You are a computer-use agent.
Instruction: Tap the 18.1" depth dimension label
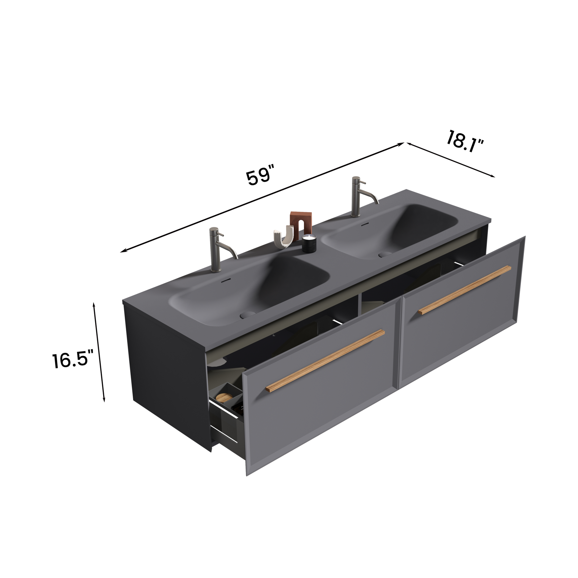tap(464, 141)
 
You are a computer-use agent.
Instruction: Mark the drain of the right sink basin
tap(385, 254)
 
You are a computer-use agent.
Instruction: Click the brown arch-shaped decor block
tap(301, 225)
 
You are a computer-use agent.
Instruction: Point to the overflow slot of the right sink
tap(364, 223)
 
